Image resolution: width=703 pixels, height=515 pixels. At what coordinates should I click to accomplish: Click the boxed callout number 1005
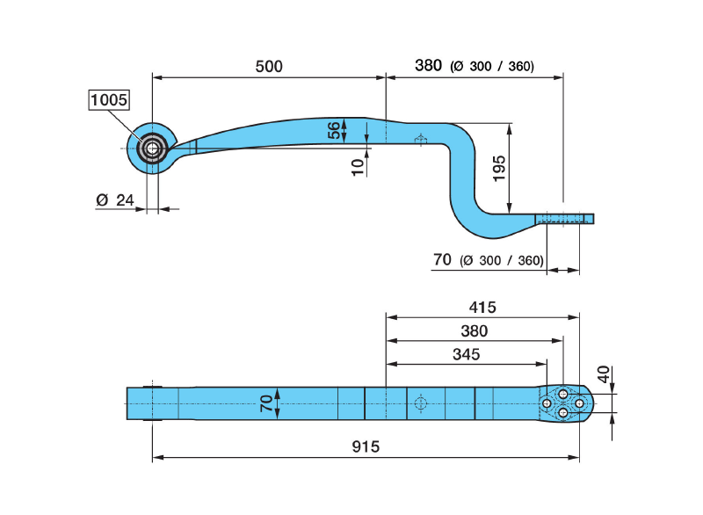(110, 100)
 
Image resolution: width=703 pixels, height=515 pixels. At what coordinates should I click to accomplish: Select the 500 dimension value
(269, 67)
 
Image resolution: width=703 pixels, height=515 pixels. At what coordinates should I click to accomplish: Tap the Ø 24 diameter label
(114, 200)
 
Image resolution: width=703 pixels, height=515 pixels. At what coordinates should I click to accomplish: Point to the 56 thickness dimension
(334, 131)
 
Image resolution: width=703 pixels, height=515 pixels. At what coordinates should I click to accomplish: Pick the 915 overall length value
(365, 446)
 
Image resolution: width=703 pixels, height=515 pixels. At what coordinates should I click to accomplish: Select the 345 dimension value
(466, 354)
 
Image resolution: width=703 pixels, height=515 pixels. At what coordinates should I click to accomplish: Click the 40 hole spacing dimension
(603, 374)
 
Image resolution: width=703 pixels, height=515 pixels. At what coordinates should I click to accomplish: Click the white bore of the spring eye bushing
(153, 149)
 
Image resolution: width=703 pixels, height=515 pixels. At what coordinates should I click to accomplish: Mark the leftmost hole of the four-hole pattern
(547, 403)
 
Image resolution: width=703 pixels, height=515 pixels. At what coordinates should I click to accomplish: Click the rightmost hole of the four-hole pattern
(579, 403)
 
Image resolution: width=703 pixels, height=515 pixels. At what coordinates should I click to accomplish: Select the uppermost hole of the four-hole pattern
(563, 395)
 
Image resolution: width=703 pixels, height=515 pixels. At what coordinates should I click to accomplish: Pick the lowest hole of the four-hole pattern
(563, 413)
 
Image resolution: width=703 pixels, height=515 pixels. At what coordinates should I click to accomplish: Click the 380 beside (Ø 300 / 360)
(428, 65)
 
